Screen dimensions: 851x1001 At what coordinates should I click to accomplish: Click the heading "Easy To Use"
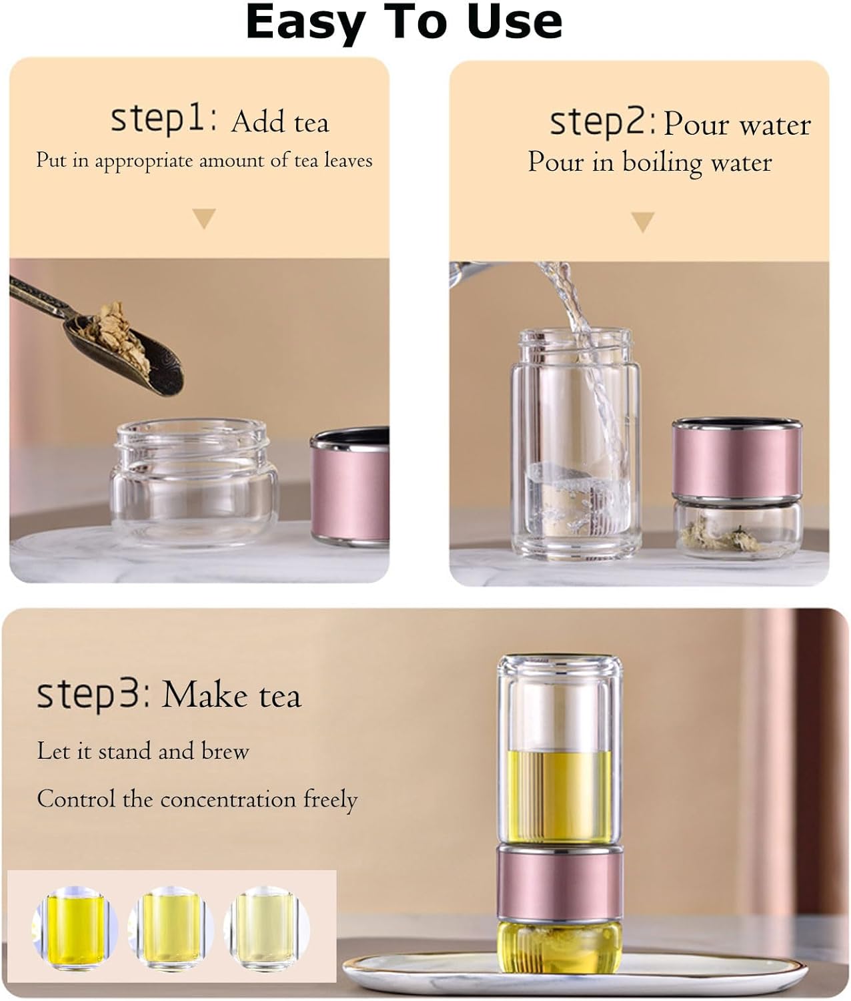[x=404, y=23]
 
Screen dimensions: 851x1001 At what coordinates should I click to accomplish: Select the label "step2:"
[x=603, y=123]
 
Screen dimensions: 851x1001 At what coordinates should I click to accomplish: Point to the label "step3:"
[x=94, y=695]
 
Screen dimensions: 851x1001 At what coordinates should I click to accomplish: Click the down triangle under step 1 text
[x=204, y=218]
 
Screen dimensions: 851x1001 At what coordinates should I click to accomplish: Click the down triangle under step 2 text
[x=643, y=222]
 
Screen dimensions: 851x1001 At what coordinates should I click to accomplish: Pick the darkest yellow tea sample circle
[x=75, y=929]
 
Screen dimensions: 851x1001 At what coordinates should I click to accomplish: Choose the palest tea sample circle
[x=266, y=929]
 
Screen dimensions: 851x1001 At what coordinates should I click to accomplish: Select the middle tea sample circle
[x=171, y=929]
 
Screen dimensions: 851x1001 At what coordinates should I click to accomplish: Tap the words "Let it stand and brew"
[x=143, y=751]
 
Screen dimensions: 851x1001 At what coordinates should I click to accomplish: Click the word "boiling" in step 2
[x=662, y=163]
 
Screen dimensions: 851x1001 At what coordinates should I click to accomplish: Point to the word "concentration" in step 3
[x=228, y=799]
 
